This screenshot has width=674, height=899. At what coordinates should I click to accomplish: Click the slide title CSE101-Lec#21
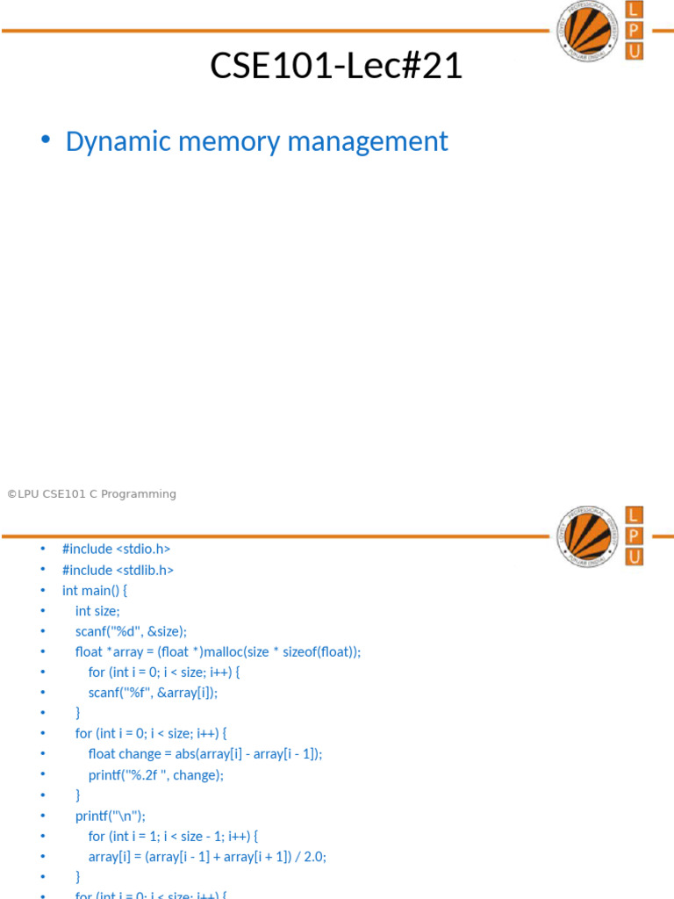coord(336,66)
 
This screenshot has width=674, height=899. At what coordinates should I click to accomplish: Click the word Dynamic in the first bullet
coord(111,141)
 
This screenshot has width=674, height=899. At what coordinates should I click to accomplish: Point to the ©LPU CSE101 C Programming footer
coord(91,494)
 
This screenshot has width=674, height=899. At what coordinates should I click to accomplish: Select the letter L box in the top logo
coord(634,11)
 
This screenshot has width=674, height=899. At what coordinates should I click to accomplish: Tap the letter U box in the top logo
coord(634,51)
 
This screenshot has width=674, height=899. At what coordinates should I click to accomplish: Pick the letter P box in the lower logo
coord(634,536)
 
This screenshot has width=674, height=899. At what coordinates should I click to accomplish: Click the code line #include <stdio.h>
coord(116,549)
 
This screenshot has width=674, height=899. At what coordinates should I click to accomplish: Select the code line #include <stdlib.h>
coord(118,570)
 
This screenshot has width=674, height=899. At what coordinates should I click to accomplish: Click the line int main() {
coord(95,590)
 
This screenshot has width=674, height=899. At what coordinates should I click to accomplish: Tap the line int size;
coord(97,611)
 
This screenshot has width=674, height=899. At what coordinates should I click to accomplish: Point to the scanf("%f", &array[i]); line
coord(153,692)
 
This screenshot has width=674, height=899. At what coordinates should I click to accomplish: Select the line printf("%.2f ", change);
coord(156,774)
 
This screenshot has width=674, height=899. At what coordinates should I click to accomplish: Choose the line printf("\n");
coord(111,815)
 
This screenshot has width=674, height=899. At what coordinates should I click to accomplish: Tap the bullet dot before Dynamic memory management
coord(46,141)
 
